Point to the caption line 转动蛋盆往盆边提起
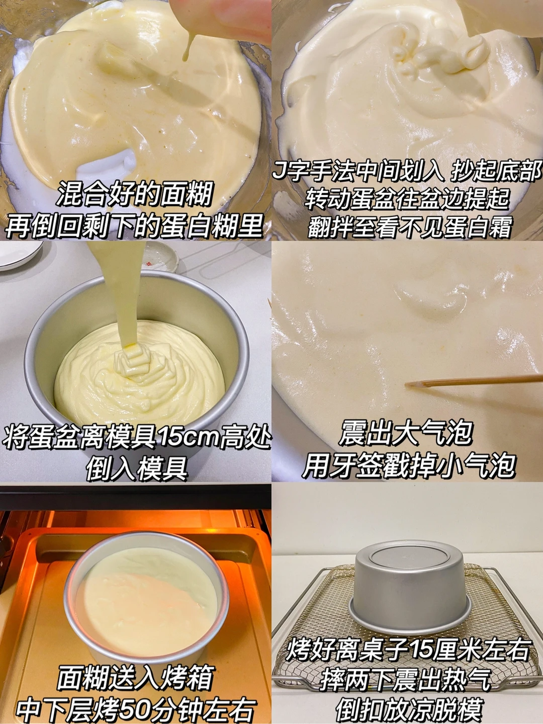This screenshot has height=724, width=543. (407, 199)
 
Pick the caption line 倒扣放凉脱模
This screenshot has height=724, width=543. (409, 708)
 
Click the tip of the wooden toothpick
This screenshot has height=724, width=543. (406, 384)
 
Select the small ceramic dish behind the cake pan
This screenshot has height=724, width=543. (161, 257)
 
